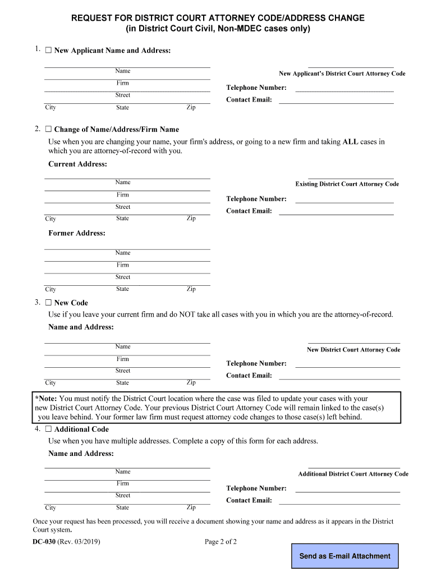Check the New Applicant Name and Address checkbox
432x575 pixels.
(x=48, y=51)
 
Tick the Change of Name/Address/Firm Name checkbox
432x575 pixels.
(x=48, y=129)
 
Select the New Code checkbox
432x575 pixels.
(x=48, y=303)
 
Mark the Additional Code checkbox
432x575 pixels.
(x=48, y=429)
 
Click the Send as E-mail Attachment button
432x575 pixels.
(x=344, y=556)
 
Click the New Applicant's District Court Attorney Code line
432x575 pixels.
(x=351, y=66)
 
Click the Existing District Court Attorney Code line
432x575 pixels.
(x=351, y=177)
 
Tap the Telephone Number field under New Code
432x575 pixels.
(x=347, y=366)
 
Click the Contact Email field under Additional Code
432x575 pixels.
(x=339, y=503)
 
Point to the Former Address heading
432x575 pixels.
(x=76, y=233)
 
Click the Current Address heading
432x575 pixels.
(x=77, y=164)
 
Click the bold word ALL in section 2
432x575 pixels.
(x=350, y=142)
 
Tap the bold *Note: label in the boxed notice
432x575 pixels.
(x=46, y=399)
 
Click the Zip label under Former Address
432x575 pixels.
(x=191, y=289)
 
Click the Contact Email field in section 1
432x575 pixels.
(x=336, y=102)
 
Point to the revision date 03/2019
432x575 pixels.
(x=88, y=542)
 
